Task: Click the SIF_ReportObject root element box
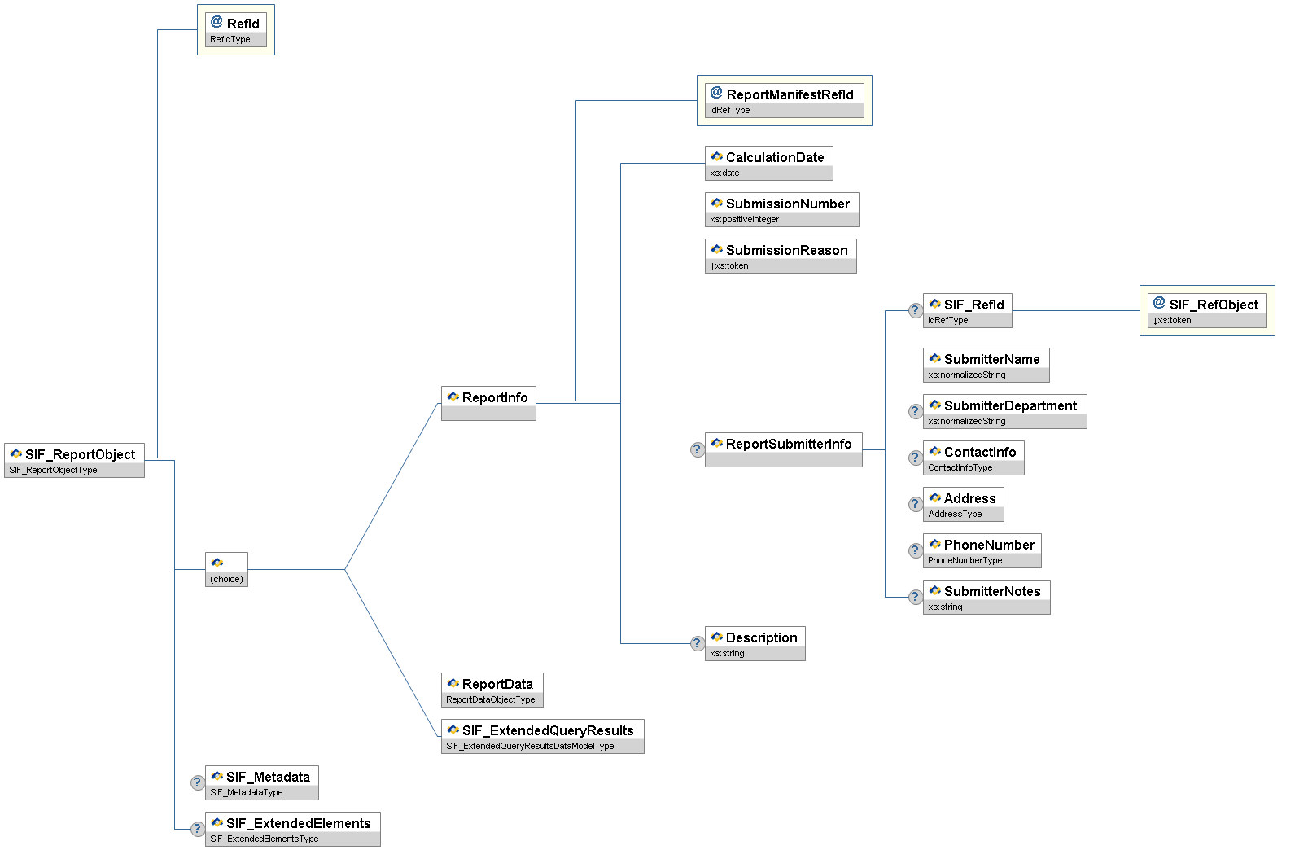(74, 460)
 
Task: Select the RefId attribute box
(235, 29)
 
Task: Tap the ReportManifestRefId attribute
(784, 100)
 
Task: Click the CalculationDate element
(768, 163)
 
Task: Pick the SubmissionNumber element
(781, 209)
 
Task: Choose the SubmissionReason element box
(780, 256)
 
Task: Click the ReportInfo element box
(488, 403)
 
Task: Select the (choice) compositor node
(226, 569)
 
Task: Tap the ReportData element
(492, 690)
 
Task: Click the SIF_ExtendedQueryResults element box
(542, 736)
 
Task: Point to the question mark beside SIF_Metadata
(197, 782)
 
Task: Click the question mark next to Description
(697, 643)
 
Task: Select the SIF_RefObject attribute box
(1207, 310)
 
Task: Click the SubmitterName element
(986, 365)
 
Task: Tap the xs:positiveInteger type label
(744, 220)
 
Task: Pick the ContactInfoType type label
(960, 468)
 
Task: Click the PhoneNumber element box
(982, 550)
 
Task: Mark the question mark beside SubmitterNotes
(915, 597)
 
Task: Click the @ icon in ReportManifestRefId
(716, 93)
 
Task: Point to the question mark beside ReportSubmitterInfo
(697, 449)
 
